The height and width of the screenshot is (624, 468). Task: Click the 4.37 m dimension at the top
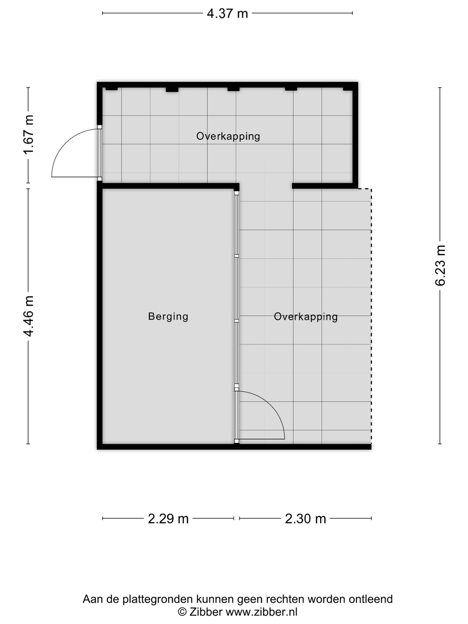(227, 14)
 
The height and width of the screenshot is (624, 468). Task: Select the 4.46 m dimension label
(29, 316)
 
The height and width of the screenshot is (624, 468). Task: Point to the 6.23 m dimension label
(440, 266)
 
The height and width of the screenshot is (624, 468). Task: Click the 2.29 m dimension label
(168, 518)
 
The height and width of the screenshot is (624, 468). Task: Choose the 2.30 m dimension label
(305, 518)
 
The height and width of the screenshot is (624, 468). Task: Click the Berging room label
(168, 316)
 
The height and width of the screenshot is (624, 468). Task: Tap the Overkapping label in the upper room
(228, 136)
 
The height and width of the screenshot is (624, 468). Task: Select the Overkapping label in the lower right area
(305, 316)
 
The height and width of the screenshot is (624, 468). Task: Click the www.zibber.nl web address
(262, 612)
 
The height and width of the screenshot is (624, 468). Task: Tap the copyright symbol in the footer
(182, 612)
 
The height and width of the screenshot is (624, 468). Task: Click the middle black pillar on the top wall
(233, 89)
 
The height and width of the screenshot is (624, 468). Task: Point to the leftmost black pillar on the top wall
(111, 88)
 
